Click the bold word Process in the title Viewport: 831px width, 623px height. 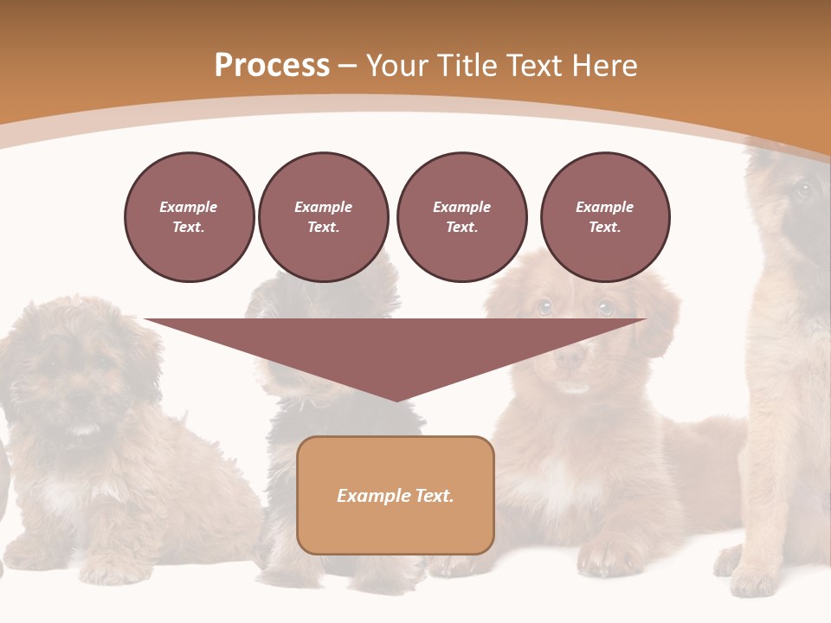(x=272, y=66)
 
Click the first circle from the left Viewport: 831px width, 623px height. (x=189, y=217)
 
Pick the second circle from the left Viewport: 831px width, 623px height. (x=323, y=217)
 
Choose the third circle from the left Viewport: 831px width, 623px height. (x=461, y=217)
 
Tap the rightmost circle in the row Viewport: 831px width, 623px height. (x=604, y=217)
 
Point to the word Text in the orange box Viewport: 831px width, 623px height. (x=433, y=496)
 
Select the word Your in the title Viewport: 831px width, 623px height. (x=400, y=66)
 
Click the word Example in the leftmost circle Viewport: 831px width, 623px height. (x=189, y=208)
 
